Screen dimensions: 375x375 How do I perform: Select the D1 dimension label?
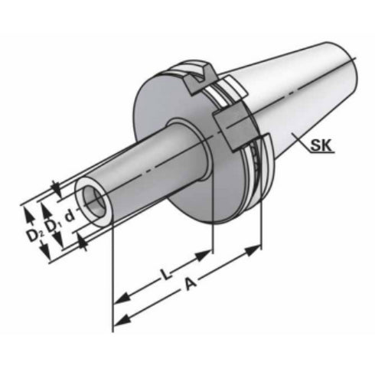(52, 225)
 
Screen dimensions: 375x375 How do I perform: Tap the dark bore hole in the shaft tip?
(94, 201)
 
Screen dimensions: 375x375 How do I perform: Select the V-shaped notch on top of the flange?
(202, 74)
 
